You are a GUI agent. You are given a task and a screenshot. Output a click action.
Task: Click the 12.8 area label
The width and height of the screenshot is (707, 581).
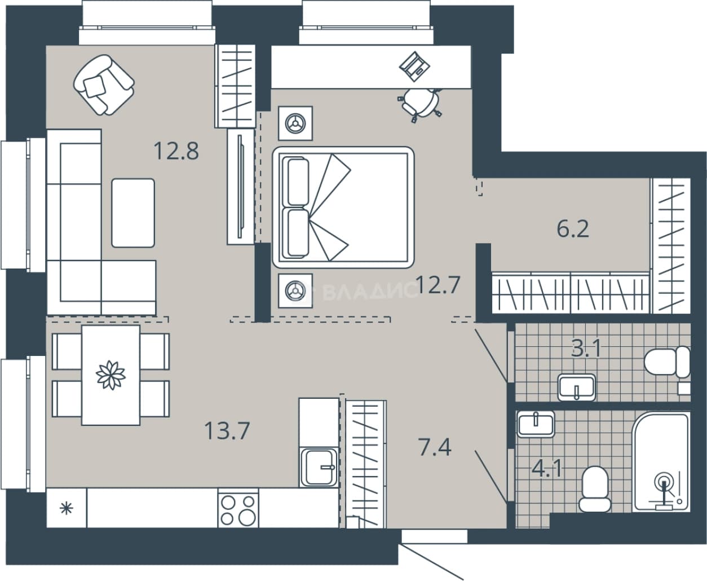click(176, 151)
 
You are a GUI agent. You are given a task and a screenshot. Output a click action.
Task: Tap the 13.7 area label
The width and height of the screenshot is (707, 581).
click(227, 431)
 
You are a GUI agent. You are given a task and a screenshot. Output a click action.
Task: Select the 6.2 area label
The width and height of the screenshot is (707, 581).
click(573, 230)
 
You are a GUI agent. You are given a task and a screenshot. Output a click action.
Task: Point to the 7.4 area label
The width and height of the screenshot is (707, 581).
click(435, 447)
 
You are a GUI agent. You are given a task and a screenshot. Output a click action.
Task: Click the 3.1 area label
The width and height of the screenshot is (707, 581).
click(586, 348)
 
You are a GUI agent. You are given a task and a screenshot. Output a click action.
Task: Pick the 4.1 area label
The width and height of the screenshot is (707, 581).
click(547, 469)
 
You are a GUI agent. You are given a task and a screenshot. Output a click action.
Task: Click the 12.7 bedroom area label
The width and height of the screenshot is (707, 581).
click(438, 285)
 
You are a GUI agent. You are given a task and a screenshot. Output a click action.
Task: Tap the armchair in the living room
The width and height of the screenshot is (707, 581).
click(104, 85)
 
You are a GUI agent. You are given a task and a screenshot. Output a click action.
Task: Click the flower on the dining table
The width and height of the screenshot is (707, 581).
click(111, 375)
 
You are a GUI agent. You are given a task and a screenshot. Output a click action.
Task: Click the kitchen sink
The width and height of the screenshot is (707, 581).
click(319, 467)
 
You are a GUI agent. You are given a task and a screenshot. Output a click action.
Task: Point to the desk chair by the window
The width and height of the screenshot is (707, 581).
click(420, 104)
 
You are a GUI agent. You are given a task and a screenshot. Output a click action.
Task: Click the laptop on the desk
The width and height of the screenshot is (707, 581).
click(415, 67)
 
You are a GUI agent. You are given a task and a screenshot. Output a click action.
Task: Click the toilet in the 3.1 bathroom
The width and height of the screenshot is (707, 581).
click(667, 362)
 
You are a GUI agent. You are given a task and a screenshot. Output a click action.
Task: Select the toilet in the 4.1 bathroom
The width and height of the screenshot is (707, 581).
click(595, 489)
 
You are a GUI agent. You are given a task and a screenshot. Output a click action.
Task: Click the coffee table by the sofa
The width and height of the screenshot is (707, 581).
click(133, 213)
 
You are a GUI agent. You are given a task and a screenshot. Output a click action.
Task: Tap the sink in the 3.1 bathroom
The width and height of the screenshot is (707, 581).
click(577, 388)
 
